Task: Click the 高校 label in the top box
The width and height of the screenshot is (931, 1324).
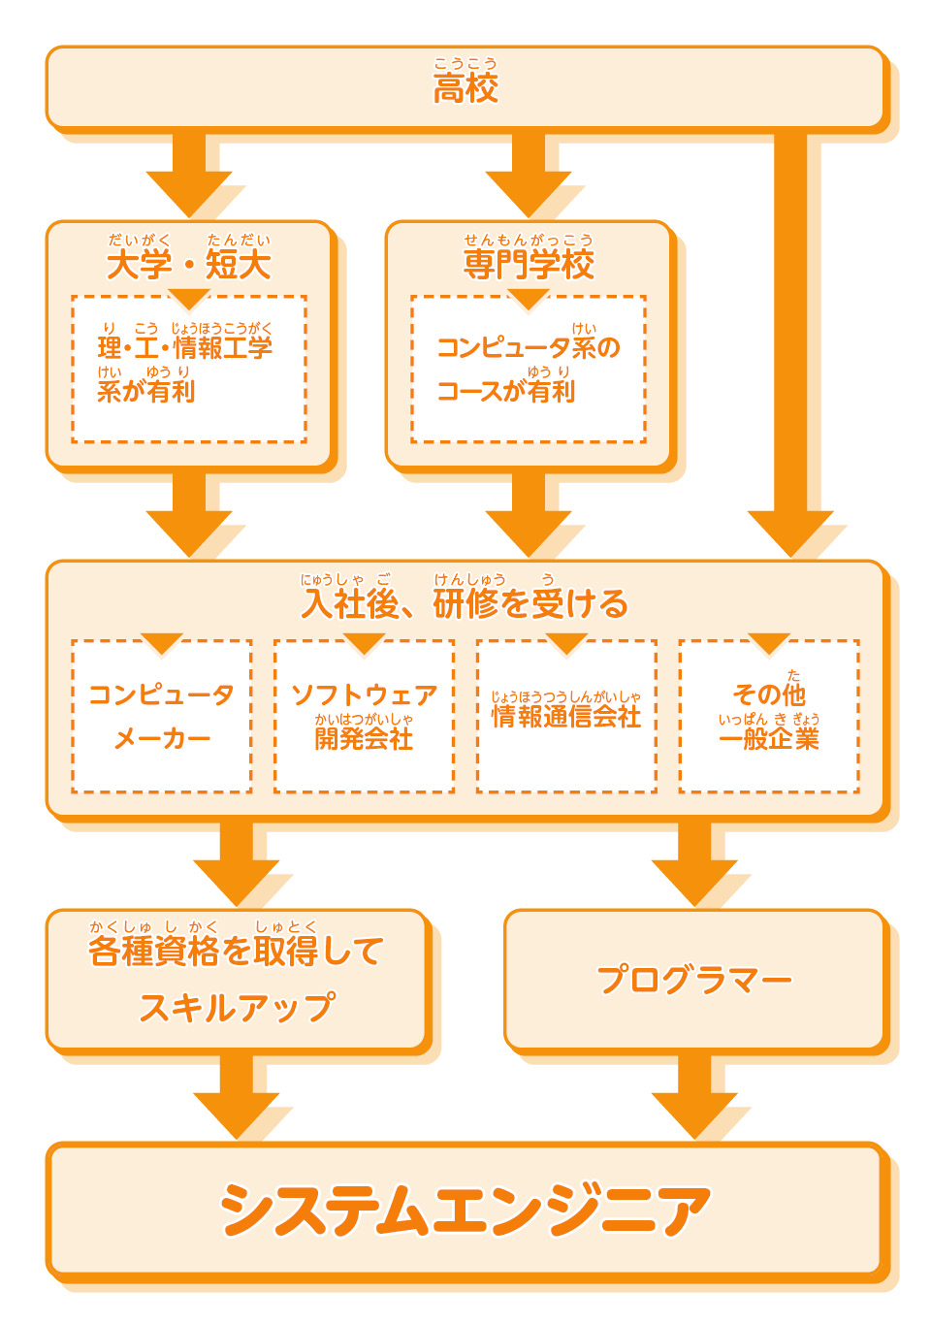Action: (x=465, y=88)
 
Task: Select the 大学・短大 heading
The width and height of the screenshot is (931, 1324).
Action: (x=189, y=264)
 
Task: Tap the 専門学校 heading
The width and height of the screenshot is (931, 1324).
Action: (x=529, y=264)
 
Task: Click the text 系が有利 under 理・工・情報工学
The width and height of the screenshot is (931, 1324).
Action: (x=146, y=391)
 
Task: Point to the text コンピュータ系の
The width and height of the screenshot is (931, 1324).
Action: (x=529, y=347)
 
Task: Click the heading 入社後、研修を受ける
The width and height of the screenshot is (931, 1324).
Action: (x=465, y=603)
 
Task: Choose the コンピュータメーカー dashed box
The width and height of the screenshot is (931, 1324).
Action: (x=162, y=717)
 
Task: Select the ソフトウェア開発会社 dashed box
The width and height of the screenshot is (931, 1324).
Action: (x=364, y=717)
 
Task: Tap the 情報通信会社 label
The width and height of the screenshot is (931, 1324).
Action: (x=566, y=717)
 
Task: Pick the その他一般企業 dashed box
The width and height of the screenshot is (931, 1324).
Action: (x=769, y=717)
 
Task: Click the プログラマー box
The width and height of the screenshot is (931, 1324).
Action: (x=695, y=980)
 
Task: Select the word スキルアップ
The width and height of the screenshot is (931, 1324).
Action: (x=238, y=1008)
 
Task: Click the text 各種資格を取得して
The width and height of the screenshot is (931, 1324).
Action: (x=237, y=952)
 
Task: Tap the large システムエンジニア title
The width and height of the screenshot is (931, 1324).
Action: (x=465, y=1211)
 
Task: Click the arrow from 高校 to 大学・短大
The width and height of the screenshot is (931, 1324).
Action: (x=189, y=175)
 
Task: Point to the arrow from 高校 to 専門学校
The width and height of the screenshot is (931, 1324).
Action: (x=529, y=175)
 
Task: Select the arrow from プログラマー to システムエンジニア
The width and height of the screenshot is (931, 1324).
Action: (x=695, y=1096)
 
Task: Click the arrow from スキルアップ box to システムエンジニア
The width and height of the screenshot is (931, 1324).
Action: (x=237, y=1096)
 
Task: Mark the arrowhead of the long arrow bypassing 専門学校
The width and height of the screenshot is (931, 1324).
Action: (x=790, y=533)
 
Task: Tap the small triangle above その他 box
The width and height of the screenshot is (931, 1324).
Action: (x=769, y=643)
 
